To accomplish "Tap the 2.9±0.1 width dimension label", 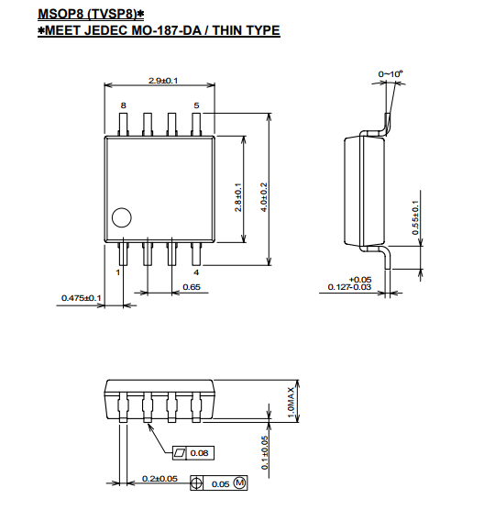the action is coord(163,81).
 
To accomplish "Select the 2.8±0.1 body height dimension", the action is coord(238,197).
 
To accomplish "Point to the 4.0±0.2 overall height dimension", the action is coord(264,197).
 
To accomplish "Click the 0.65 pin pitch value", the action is coord(192,287).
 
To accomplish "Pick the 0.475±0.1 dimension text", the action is coord(82,298).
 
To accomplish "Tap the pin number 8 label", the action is coord(124,105).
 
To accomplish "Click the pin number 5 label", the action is coord(196,105).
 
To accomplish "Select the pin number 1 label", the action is coord(117,272).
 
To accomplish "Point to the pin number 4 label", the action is coord(196,272).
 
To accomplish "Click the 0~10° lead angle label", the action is coord(390,74).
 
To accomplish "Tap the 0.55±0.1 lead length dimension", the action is coord(415,217).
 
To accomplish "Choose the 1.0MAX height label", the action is coord(291,403).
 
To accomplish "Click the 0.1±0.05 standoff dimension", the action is coord(265,452).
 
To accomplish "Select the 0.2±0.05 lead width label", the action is coord(159,479).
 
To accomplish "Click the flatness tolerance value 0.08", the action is coord(200,453).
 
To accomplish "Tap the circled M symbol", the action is coord(240,482).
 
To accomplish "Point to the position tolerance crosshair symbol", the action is coord(196,482).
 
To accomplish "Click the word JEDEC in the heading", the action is coord(105,30).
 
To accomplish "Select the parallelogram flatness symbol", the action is coord(180,453).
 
